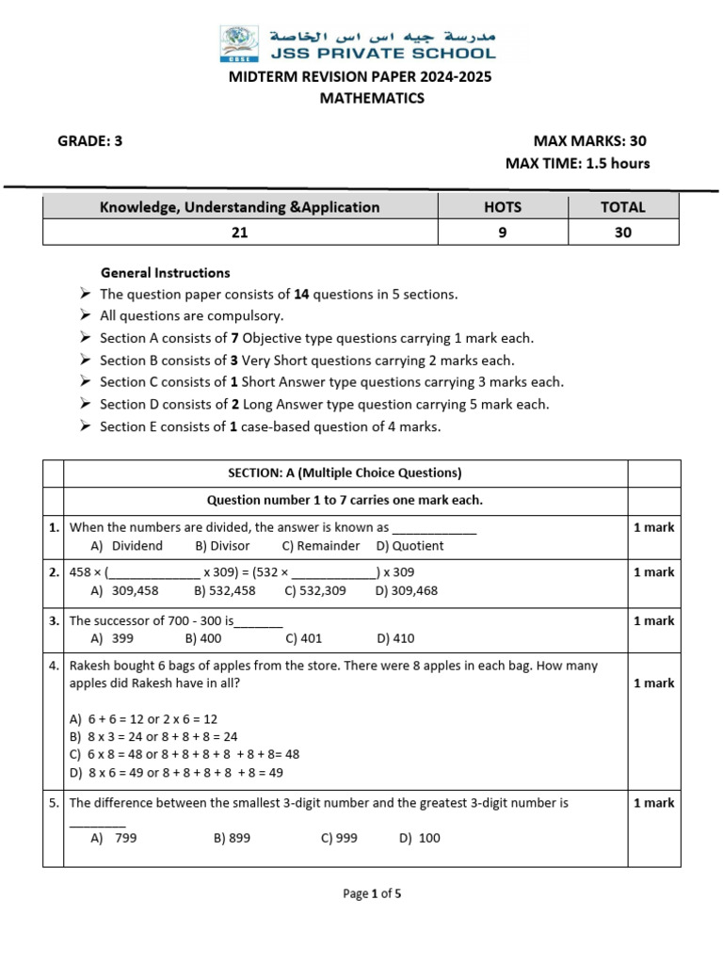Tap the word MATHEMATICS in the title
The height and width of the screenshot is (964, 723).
coord(361,98)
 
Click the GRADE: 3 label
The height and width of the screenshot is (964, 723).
coord(90,141)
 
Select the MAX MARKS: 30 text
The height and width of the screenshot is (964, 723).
coord(590,141)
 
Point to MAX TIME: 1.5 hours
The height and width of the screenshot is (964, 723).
coord(577,164)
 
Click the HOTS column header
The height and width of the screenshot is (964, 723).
coord(503,207)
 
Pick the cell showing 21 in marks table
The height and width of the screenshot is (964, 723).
coord(240,233)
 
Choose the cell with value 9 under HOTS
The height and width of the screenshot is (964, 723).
coord(503,233)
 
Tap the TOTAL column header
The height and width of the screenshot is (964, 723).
coord(623,207)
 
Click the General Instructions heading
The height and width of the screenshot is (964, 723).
coord(165,273)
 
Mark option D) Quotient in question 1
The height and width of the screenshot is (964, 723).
coord(410,546)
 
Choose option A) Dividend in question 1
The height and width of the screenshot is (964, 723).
coord(127,546)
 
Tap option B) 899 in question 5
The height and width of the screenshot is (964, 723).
coord(233,838)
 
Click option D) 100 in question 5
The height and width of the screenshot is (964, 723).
coord(419,838)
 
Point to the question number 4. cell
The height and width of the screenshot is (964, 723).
coord(54,666)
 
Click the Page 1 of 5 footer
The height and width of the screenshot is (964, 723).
coord(373,894)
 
